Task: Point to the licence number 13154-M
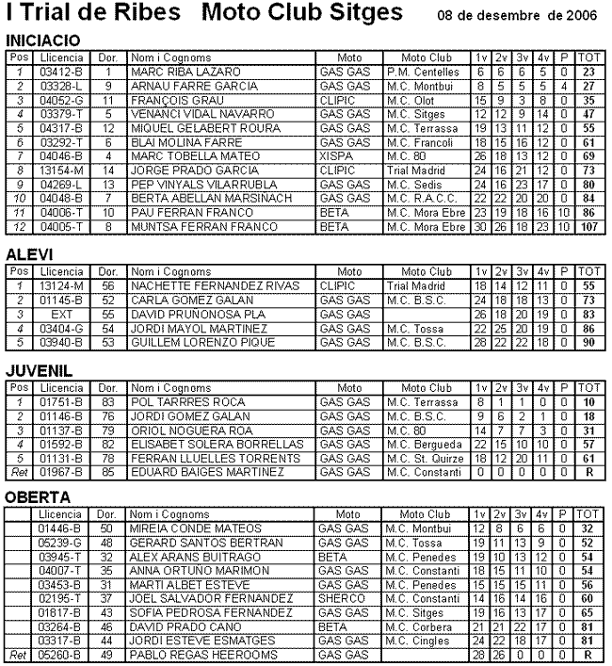[x=62, y=170]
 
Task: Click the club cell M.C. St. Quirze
[x=422, y=458]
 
